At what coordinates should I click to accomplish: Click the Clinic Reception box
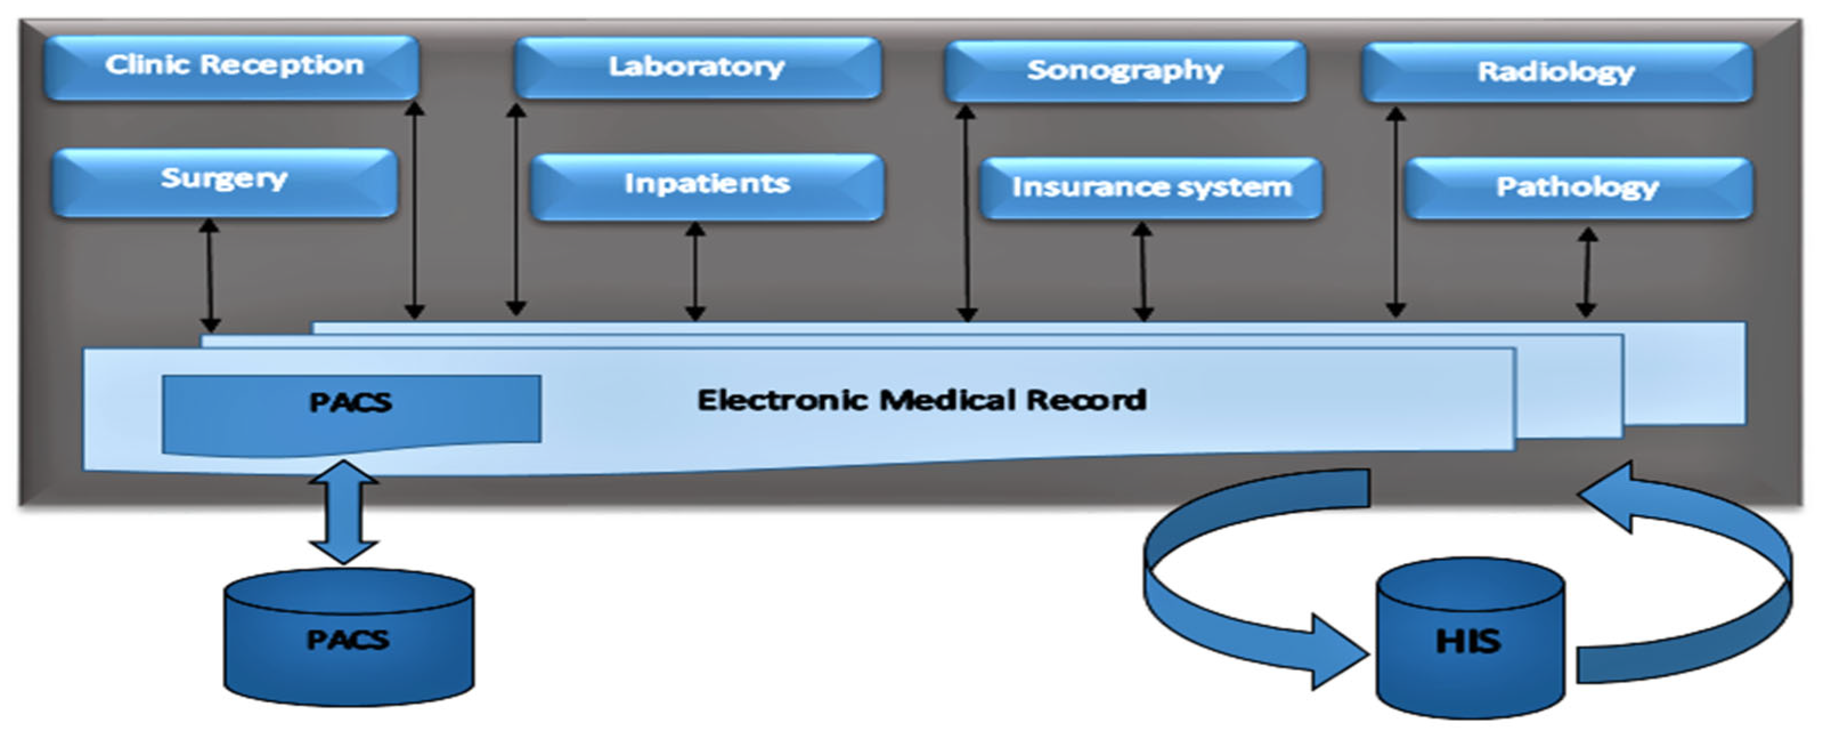tap(232, 67)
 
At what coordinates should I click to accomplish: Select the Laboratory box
tap(698, 67)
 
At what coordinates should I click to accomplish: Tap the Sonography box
tap(1124, 71)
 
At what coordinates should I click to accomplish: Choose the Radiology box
tap(1556, 72)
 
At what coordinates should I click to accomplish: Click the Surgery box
tap(224, 181)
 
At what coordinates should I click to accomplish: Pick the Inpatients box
tap(707, 186)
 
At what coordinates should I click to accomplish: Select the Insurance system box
tap(1151, 188)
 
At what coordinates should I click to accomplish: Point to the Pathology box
tap(1578, 188)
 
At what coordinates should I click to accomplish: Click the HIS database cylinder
tap(1470, 641)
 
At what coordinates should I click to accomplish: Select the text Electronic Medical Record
tap(921, 401)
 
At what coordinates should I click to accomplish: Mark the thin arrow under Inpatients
tap(695, 272)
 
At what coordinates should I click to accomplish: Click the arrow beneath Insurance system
tap(1143, 272)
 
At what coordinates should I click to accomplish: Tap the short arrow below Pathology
tap(1587, 272)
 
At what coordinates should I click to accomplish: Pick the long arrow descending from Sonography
tap(966, 212)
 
